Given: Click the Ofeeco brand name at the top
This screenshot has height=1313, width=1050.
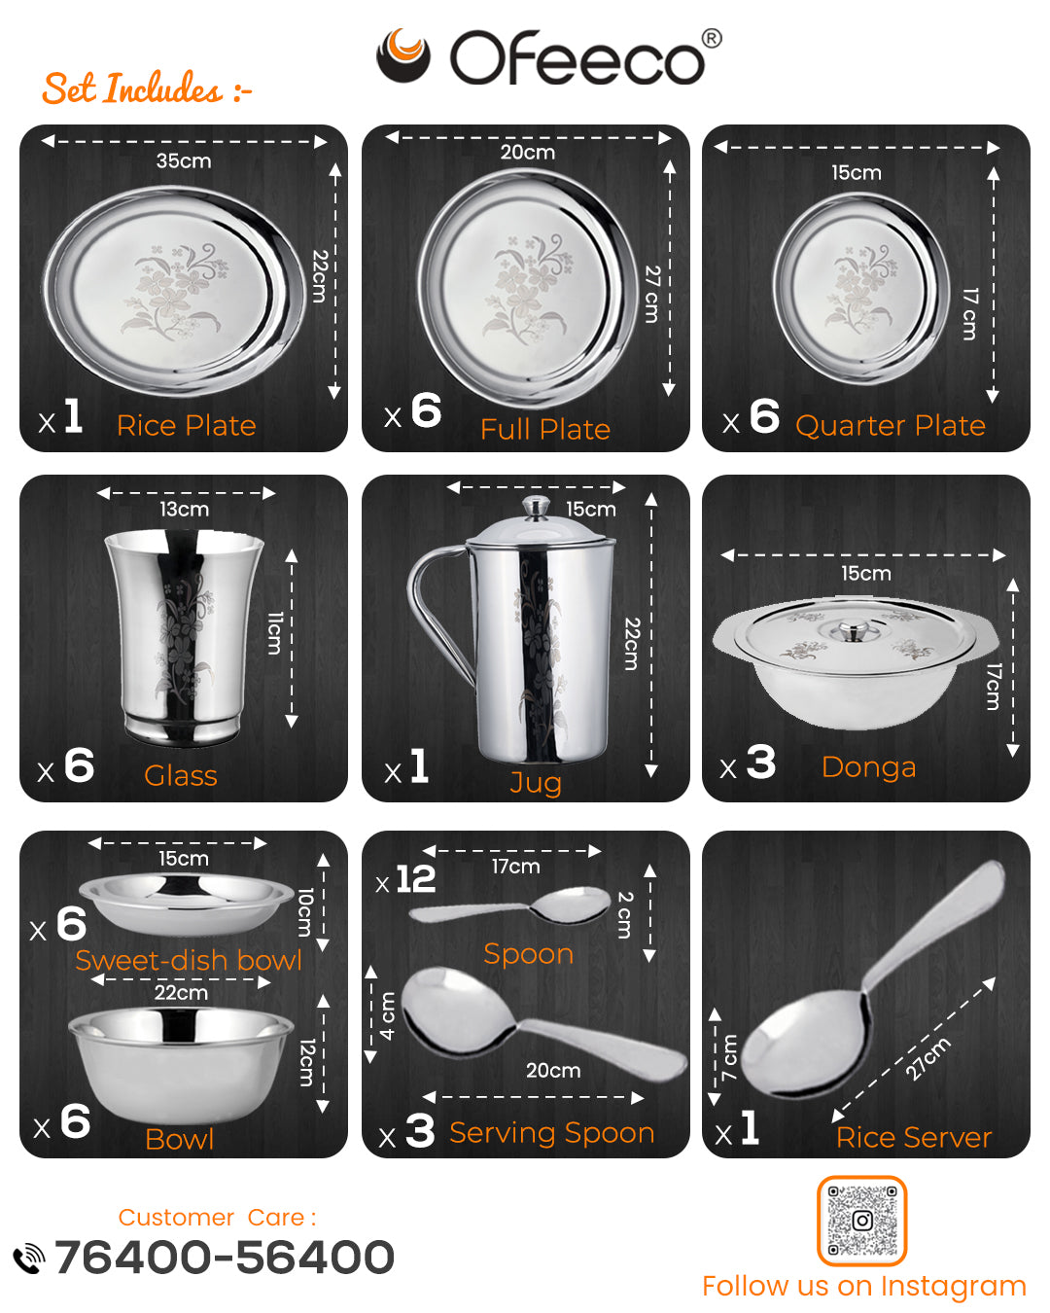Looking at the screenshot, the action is [577, 58].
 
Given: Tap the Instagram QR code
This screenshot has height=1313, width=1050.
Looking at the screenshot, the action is [861, 1221].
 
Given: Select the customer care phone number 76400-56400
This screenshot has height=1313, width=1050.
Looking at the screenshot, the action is [225, 1258].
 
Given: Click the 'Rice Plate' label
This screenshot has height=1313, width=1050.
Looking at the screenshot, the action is [186, 425].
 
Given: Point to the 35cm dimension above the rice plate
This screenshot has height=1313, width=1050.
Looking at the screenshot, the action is [184, 161].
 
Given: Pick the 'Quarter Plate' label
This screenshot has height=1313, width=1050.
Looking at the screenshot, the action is [891, 426].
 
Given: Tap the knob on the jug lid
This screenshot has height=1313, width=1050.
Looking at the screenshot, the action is [536, 507].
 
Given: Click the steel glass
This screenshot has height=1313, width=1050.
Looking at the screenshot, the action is [184, 638].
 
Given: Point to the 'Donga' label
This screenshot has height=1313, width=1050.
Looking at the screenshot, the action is [869, 767].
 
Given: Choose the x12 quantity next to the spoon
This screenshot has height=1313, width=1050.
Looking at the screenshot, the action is [406, 879].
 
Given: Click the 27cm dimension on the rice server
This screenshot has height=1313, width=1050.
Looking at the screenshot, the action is [927, 1058].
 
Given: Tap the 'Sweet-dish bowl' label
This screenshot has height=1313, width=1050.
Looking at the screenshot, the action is [189, 960].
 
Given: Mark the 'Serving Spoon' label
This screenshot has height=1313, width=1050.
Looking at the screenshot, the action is [552, 1133].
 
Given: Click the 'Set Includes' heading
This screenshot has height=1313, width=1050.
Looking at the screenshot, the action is [147, 89].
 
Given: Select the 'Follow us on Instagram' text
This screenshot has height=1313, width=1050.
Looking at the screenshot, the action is [864, 1286].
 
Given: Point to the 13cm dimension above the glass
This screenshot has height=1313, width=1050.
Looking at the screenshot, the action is [185, 509].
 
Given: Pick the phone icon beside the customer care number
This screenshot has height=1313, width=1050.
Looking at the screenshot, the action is [28, 1259].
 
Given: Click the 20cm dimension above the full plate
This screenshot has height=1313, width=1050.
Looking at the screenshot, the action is [528, 152].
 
